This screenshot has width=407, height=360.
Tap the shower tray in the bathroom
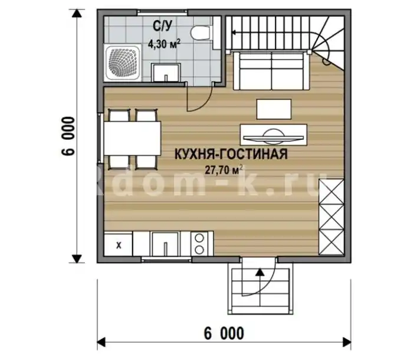[123, 63]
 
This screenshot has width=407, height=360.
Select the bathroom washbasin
[166, 73]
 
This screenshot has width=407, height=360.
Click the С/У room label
[162, 26]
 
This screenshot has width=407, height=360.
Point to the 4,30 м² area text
[164, 44]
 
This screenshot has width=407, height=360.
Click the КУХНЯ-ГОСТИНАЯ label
[231, 154]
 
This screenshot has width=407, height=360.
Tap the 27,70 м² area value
[224, 170]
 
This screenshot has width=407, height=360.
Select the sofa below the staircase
[271, 71]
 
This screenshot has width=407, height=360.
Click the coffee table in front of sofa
[274, 109]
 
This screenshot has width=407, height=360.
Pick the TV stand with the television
[274, 135]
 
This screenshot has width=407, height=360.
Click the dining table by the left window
[132, 139]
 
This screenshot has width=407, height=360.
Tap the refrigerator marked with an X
[119, 245]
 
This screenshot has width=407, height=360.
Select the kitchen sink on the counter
[165, 244]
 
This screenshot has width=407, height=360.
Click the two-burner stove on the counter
[199, 244]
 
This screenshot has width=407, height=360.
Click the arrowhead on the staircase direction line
[234, 32]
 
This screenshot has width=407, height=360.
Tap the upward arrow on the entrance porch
[260, 272]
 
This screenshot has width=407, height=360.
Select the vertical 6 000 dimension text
[68, 136]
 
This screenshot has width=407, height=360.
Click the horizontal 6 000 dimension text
[224, 333]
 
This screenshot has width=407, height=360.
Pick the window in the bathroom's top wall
[162, 12]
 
